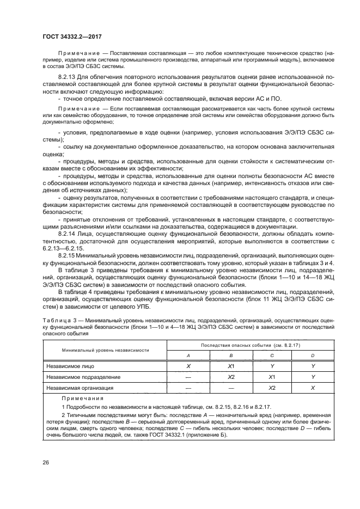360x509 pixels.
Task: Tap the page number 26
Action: coord(46,463)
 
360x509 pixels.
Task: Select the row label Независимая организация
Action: coord(80,388)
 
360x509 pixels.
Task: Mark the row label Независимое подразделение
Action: coord(83,377)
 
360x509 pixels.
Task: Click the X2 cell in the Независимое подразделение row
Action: coord(230,377)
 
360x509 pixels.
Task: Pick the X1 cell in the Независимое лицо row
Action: coord(230,366)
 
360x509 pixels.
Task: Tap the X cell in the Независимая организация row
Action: coord(313,388)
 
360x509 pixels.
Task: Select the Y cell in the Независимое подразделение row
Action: coord(313,377)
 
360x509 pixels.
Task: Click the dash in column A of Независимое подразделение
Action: coord(188,377)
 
